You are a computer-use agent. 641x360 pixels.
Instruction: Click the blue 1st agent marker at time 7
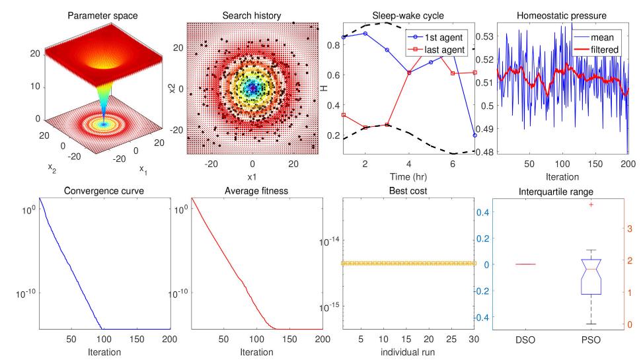(474, 135)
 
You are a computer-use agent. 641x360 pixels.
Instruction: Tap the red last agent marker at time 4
(409, 73)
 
